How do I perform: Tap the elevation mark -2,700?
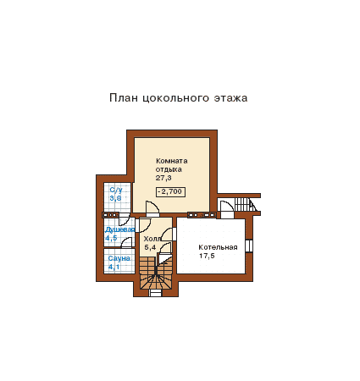click(x=170, y=191)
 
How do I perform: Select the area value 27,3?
click(x=163, y=178)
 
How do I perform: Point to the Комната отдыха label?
click(x=172, y=165)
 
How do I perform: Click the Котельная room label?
click(x=218, y=247)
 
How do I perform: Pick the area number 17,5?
click(x=207, y=256)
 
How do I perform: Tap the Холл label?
click(x=152, y=239)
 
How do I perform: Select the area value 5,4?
click(x=150, y=247)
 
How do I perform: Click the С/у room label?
click(x=116, y=190)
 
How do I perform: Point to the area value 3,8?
click(x=115, y=198)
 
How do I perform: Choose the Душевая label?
click(x=119, y=229)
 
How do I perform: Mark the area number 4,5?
click(x=111, y=238)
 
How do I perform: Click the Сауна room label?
click(x=119, y=258)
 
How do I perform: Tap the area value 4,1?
click(x=114, y=267)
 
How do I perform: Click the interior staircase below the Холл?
click(x=156, y=273)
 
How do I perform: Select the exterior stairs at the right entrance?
click(x=245, y=204)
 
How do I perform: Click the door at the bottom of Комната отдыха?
click(x=152, y=209)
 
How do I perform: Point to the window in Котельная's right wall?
click(x=249, y=246)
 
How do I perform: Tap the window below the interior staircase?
click(x=155, y=293)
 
